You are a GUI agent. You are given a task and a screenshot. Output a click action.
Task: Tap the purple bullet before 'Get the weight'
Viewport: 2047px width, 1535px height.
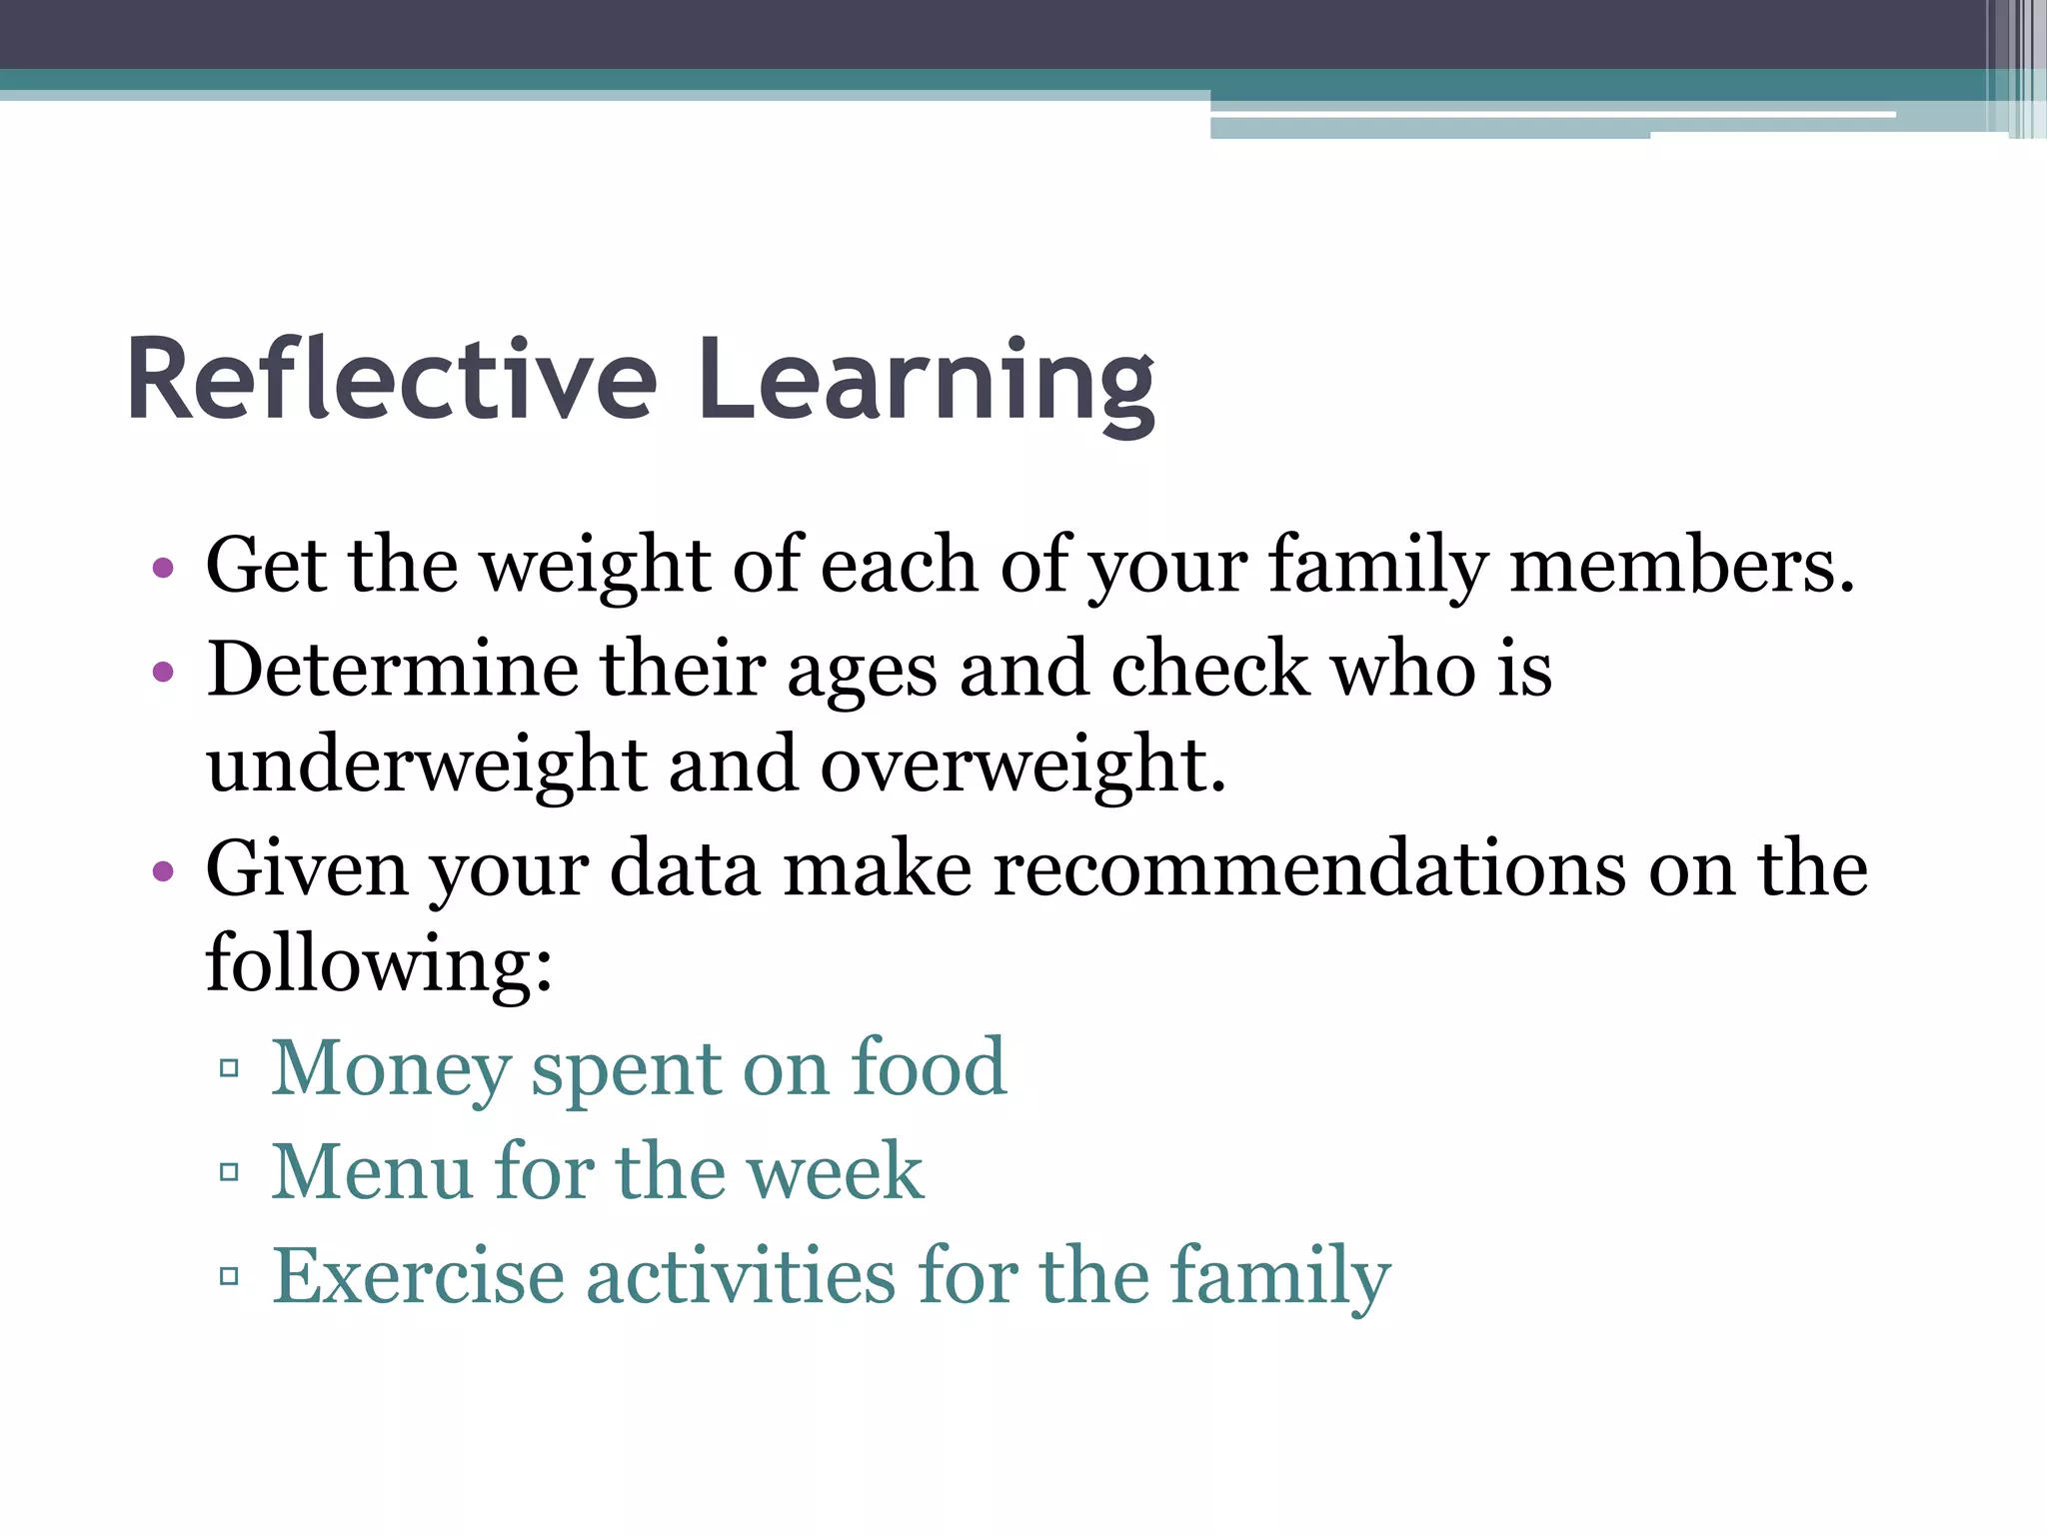point(164,570)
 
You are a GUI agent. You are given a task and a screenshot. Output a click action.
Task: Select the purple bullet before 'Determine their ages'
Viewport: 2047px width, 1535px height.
point(164,672)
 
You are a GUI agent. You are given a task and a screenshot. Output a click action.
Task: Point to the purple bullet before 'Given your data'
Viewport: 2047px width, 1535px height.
point(164,871)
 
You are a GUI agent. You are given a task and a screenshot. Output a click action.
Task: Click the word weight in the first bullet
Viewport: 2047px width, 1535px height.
point(596,567)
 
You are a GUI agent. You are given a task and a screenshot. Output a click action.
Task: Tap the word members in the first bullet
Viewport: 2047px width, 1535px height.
point(1681,567)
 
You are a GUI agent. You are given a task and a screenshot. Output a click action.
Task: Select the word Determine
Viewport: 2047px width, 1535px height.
point(392,669)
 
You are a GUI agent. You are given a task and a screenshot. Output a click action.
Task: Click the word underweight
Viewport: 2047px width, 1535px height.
point(427,766)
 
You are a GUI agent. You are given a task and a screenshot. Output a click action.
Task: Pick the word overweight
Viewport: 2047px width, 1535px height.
point(1023,766)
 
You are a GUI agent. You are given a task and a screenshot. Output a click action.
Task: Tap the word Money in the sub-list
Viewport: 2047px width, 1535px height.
point(391,1068)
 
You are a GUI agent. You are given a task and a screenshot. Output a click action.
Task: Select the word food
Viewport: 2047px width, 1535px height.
point(929,1068)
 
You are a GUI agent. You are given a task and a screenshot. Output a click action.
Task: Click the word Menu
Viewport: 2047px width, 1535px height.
point(372,1171)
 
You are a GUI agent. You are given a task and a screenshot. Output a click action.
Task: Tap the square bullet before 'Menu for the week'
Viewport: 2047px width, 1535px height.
point(229,1172)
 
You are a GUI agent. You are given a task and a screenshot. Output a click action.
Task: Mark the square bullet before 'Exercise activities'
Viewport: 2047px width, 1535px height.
point(229,1276)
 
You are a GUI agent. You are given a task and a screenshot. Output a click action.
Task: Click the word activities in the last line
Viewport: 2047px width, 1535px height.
point(741,1275)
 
